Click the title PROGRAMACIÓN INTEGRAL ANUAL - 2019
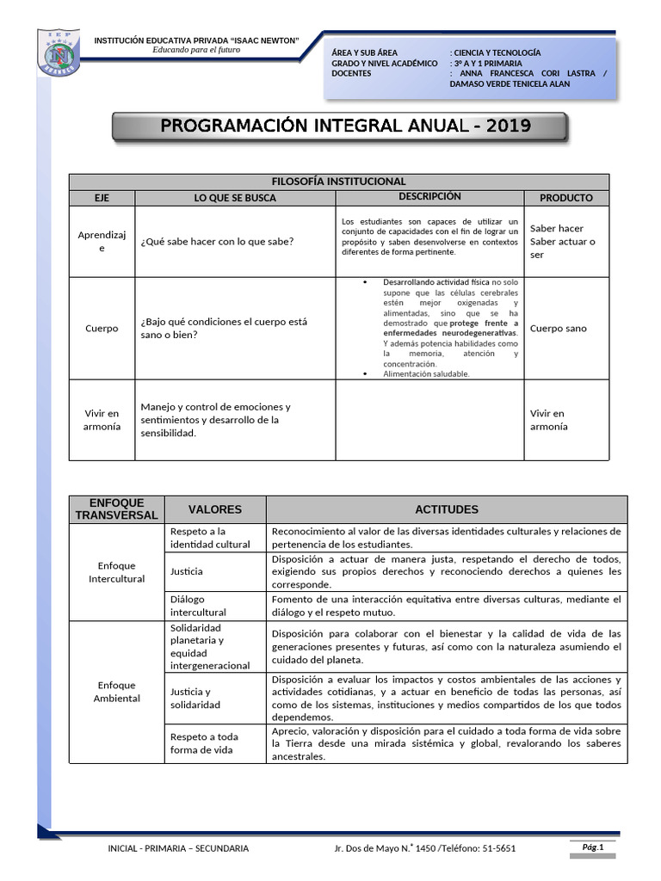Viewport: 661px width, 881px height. coord(339,126)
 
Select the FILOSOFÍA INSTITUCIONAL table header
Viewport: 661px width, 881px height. coord(338,182)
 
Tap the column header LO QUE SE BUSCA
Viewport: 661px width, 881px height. coord(235,198)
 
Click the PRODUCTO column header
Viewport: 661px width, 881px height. coord(565,198)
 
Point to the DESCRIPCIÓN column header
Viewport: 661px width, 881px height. coord(429,197)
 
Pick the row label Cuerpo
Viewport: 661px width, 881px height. coord(102,329)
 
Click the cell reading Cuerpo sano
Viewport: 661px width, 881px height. coord(558,329)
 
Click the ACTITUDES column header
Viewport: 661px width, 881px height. coord(446,509)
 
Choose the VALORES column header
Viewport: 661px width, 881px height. coord(214,509)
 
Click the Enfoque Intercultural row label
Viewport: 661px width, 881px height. coord(116,572)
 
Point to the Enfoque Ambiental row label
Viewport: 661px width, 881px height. coord(116,692)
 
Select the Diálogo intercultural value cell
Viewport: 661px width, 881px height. coord(198,606)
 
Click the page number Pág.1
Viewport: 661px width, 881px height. coord(593,847)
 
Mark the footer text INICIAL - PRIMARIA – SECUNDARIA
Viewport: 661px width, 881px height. coord(178,848)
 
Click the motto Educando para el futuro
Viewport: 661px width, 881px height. coord(196,50)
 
